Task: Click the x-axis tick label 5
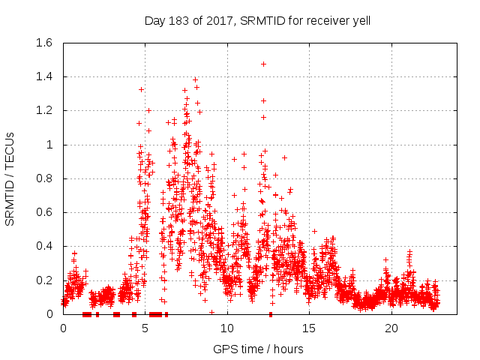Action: click(x=145, y=328)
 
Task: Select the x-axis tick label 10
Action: click(x=227, y=328)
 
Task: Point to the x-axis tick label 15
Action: click(x=309, y=328)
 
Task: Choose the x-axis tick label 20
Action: click(x=391, y=328)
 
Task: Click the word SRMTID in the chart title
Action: click(x=259, y=21)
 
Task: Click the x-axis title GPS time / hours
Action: click(x=258, y=349)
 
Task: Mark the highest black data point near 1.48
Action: click(x=263, y=64)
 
